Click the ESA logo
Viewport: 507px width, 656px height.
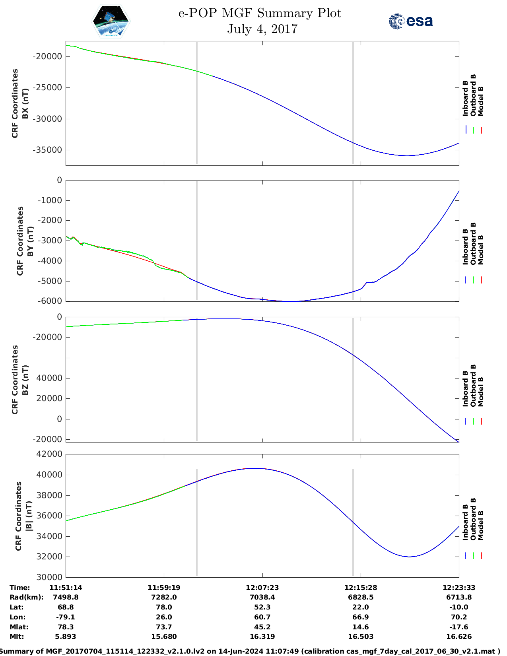coord(411,21)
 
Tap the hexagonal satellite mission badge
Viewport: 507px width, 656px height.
coord(111,21)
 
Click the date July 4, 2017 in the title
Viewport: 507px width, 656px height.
coord(262,29)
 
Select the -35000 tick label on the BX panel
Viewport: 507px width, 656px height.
coord(48,150)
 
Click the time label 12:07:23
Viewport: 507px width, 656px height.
coord(262,588)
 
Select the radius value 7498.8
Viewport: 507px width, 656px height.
coord(66,598)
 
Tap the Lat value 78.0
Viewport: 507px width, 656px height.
coord(164,607)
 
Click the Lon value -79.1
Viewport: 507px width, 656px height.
coord(66,617)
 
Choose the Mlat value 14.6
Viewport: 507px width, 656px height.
coord(361,627)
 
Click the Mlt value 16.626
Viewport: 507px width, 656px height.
coord(459,637)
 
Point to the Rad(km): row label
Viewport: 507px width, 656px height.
coord(26,598)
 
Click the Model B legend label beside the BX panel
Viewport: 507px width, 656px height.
coord(481,101)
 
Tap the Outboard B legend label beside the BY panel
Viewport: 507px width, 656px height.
coord(473,243)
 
